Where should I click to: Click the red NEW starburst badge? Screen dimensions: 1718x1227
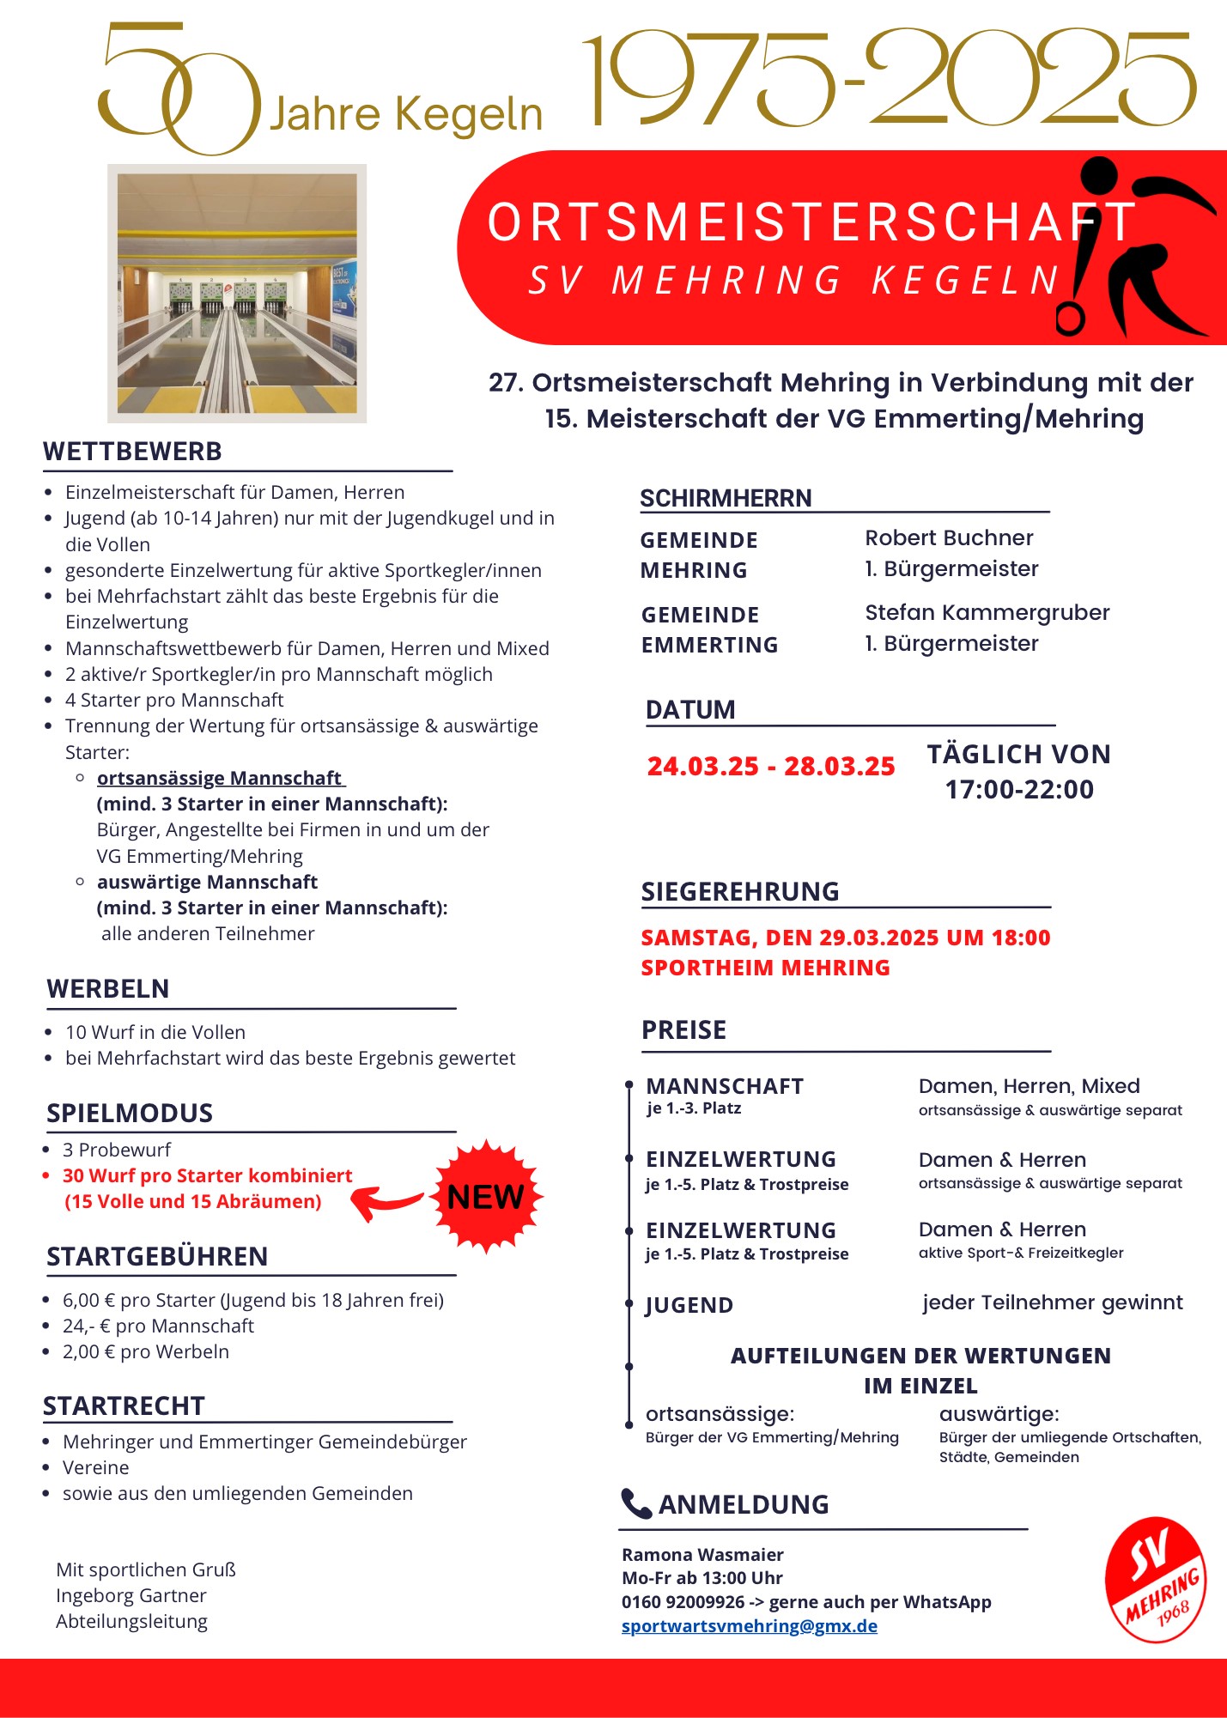pos(487,1196)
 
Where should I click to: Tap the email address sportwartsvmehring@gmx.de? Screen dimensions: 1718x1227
pos(749,1625)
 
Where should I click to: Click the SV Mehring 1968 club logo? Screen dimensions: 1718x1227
pos(1156,1581)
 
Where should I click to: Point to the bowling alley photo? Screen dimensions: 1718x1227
pos(237,293)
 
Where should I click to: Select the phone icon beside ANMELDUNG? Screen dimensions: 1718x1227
pos(636,1503)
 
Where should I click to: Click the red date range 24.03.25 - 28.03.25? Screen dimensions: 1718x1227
pos(770,766)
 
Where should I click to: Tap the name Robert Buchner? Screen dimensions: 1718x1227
pos(949,537)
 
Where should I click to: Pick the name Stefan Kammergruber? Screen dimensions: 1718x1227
pos(987,612)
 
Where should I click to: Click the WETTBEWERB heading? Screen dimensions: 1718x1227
pos(132,452)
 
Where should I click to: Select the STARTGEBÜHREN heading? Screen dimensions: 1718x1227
pos(157,1256)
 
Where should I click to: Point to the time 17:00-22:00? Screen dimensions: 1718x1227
pos(1019,789)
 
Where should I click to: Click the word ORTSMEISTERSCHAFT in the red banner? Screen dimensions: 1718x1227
pos(811,222)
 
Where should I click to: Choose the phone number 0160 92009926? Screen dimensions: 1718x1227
pos(683,1601)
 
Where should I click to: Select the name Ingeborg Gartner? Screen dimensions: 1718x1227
pos(131,1595)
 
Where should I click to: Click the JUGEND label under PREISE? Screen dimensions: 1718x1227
pos(689,1305)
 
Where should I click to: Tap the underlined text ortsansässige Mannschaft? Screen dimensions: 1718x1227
pos(220,778)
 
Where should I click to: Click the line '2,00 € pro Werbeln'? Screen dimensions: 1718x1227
pos(146,1351)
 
